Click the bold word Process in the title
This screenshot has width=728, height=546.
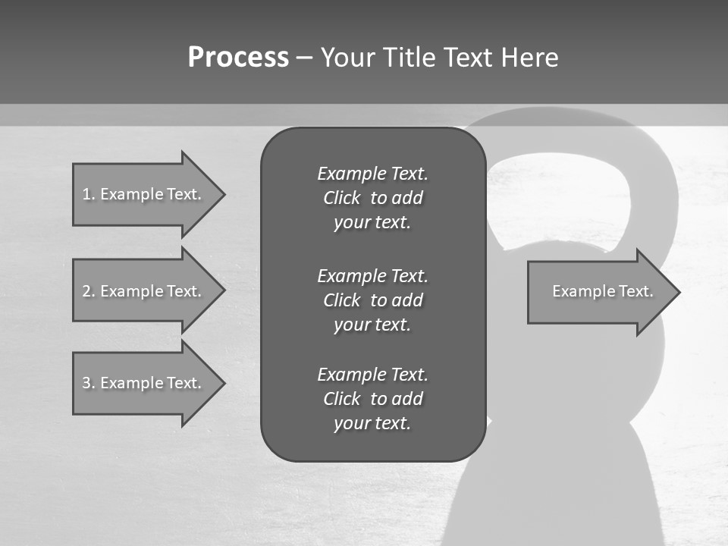pyautogui.click(x=238, y=58)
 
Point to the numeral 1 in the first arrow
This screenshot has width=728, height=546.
pyautogui.click(x=86, y=194)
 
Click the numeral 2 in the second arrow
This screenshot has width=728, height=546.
pyautogui.click(x=86, y=291)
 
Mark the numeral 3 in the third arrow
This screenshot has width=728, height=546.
pyautogui.click(x=86, y=383)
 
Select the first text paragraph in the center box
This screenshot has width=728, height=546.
pyautogui.click(x=372, y=198)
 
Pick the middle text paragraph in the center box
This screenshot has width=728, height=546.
pyautogui.click(x=372, y=300)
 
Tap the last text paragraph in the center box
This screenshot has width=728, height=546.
pyautogui.click(x=372, y=399)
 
